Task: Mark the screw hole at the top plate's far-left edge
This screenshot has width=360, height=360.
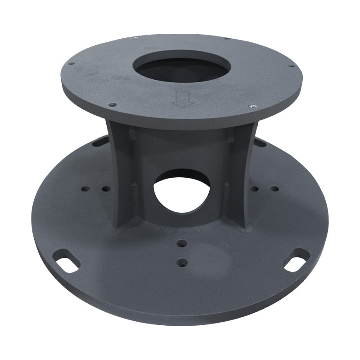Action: click(72, 64)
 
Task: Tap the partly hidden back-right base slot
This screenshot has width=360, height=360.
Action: click(260, 142)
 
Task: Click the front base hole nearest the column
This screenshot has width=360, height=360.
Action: click(181, 243)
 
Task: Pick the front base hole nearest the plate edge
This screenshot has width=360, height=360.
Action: click(181, 261)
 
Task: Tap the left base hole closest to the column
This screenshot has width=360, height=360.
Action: click(106, 189)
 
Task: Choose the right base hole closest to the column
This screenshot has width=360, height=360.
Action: click(255, 189)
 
